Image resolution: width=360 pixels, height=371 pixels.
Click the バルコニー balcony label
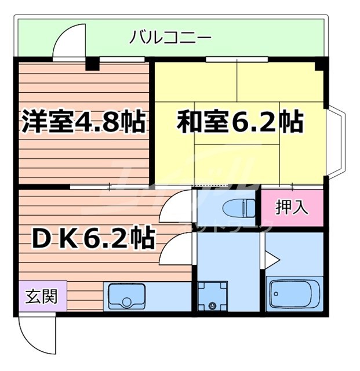point(170,39)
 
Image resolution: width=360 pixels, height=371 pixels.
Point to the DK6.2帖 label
point(88,238)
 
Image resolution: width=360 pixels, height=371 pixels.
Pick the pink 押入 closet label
point(292,208)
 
